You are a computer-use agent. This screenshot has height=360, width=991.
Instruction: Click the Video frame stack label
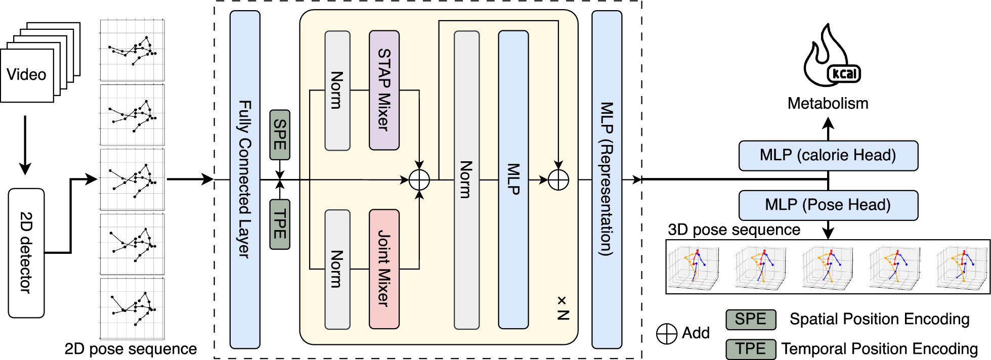click(26, 75)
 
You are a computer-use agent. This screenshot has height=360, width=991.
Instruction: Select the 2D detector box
click(26, 253)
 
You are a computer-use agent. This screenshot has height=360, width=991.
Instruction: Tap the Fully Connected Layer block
click(245, 179)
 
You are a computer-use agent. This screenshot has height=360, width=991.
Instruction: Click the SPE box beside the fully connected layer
click(280, 134)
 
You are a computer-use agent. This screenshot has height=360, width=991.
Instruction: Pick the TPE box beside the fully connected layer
click(280, 224)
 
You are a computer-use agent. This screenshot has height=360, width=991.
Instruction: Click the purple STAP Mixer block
click(384, 90)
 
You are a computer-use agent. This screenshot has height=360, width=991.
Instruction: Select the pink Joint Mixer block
click(384, 269)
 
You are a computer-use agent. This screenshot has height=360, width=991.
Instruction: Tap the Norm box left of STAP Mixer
click(337, 90)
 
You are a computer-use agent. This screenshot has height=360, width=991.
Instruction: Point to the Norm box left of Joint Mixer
click(337, 269)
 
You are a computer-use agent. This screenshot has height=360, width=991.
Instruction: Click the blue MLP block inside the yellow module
click(513, 179)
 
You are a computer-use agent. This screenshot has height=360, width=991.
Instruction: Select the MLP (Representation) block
click(607, 179)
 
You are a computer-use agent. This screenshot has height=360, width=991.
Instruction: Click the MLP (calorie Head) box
click(828, 155)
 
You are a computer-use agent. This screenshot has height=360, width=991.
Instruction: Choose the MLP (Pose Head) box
click(828, 205)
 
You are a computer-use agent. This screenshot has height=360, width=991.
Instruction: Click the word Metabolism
click(828, 104)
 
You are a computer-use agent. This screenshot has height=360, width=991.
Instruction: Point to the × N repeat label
click(563, 308)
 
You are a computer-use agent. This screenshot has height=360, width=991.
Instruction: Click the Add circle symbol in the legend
click(666, 334)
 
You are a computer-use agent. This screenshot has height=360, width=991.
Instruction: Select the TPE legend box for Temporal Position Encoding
click(750, 349)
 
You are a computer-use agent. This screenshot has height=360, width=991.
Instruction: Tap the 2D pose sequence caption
click(131, 349)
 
